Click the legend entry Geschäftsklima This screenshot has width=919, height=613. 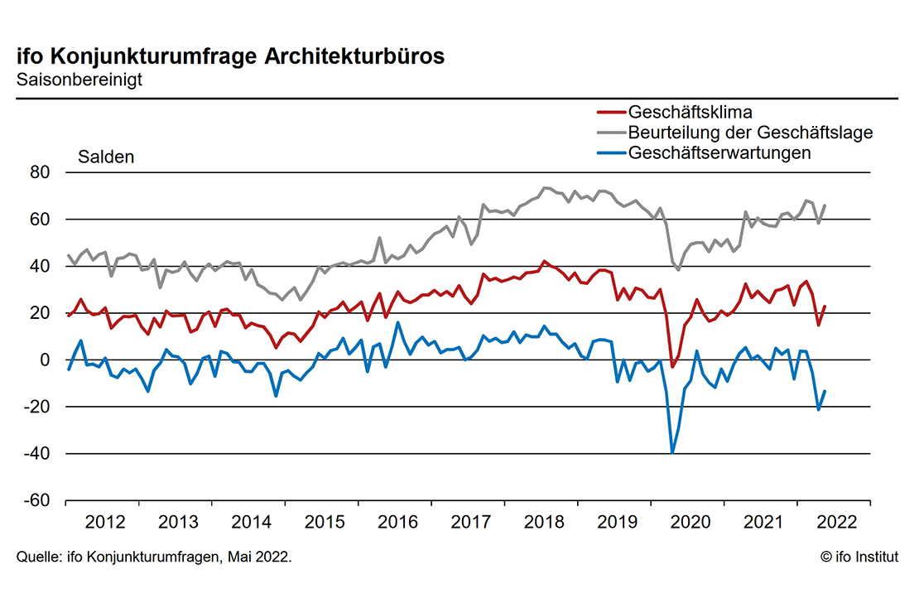[690, 112]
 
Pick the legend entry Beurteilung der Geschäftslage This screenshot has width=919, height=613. [750, 133]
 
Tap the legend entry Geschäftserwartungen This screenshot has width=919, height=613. [719, 152]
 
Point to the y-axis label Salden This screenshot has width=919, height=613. [106, 157]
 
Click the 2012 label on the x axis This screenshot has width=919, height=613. [105, 522]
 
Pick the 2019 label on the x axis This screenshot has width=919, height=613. [617, 522]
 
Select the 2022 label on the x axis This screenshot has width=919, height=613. [835, 522]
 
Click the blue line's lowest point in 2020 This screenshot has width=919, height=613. [672, 452]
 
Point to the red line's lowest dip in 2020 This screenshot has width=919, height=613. [672, 366]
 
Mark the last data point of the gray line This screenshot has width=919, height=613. [825, 205]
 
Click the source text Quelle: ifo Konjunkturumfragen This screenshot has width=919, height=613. [154, 557]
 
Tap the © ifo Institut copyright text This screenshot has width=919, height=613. [859, 557]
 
